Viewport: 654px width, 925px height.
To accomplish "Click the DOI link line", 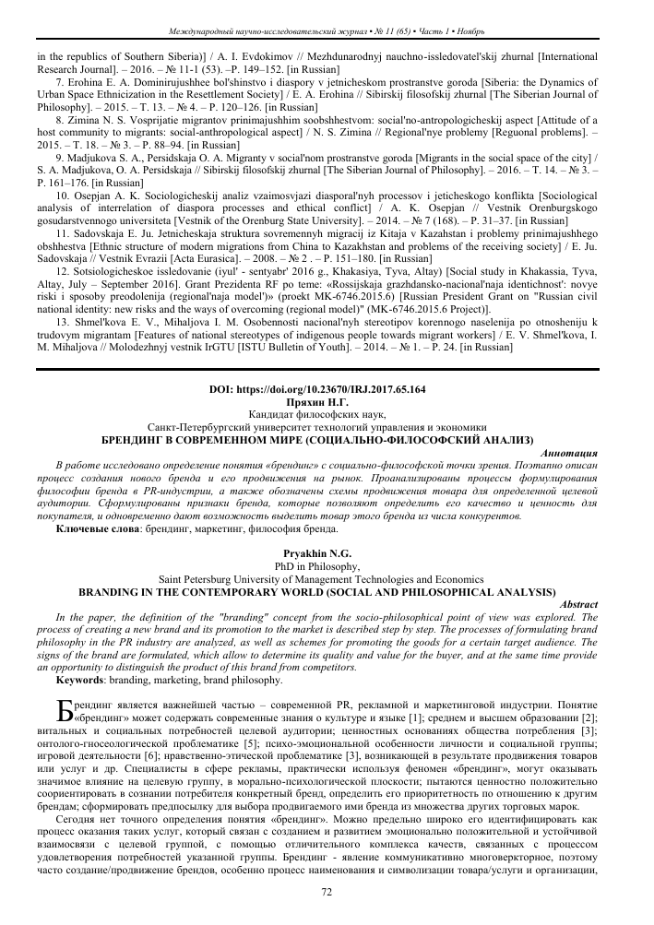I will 327,390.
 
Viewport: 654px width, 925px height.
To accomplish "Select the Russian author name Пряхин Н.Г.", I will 327,403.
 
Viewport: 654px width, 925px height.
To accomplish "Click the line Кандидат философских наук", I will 327,416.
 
